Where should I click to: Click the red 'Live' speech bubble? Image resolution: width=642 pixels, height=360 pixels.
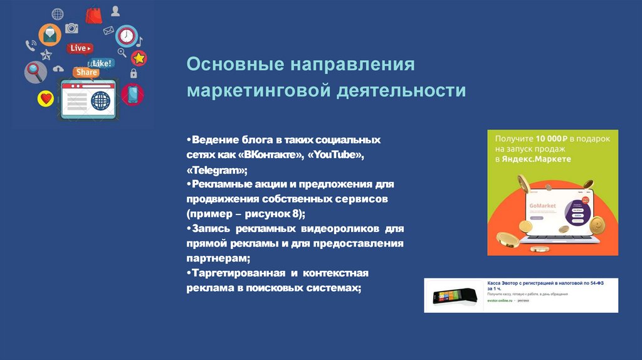click(x=80, y=48)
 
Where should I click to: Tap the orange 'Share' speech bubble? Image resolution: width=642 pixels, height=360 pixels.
click(x=86, y=72)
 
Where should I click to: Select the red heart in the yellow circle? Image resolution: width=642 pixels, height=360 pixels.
click(x=46, y=98)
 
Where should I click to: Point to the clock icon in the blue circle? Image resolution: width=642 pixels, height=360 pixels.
click(x=126, y=36)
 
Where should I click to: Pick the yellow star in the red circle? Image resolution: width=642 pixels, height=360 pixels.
click(x=139, y=58)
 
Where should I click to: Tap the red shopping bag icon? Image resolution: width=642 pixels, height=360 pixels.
click(x=93, y=14)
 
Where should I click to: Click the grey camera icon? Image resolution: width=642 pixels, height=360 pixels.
click(x=72, y=28)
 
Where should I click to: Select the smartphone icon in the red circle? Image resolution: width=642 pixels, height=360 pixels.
click(x=132, y=94)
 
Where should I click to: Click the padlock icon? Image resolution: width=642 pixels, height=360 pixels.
click(x=133, y=73)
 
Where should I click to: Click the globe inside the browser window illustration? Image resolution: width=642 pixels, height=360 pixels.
click(x=100, y=100)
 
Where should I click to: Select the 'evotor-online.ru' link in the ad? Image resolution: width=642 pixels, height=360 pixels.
click(x=500, y=300)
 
